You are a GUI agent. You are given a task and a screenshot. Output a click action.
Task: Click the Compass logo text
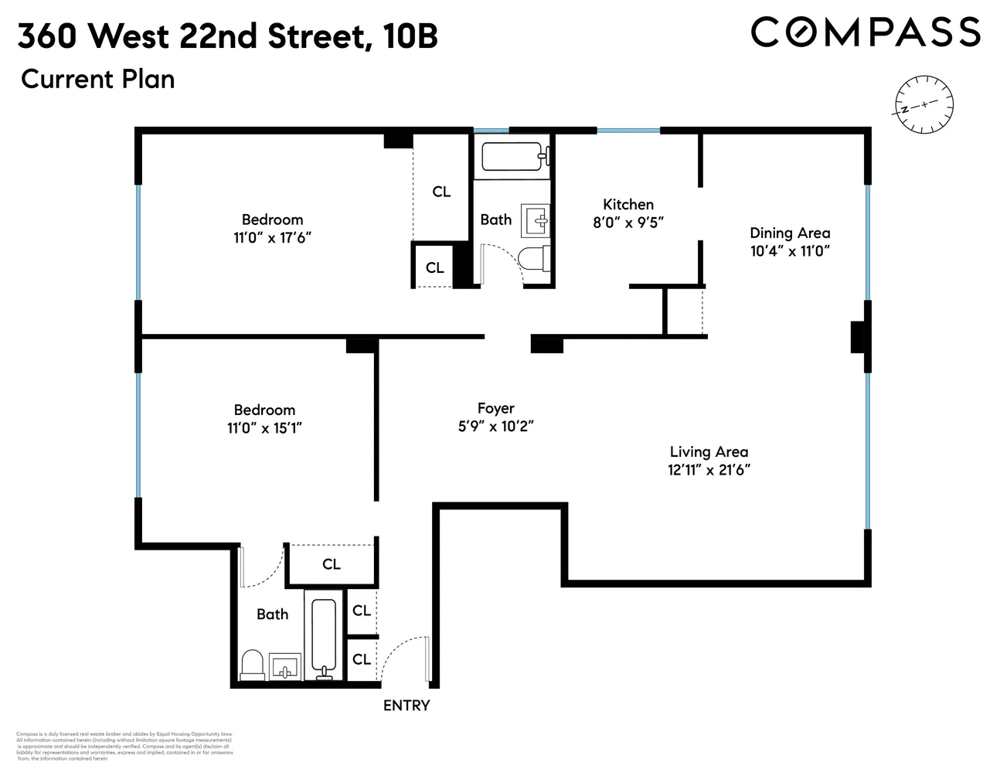866,32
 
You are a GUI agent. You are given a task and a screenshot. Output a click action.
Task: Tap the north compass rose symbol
923,105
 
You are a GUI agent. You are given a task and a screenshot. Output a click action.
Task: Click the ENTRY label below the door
406,705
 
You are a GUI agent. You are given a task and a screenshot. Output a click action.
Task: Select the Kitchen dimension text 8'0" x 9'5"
628,222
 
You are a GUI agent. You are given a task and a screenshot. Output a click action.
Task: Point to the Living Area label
709,451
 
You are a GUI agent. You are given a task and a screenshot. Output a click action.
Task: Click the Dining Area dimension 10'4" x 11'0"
790,250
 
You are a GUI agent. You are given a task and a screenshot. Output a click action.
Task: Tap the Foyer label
495,408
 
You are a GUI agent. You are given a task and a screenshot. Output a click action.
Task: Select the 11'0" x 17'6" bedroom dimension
272,237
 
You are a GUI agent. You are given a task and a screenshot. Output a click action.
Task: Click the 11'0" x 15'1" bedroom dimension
264,427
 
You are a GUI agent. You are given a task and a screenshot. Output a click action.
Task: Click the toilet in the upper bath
535,259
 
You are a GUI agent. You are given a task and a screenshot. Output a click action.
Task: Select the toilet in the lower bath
253,665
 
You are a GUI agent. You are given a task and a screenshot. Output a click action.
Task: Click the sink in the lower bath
285,666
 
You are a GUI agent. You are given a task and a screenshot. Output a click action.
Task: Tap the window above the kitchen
628,131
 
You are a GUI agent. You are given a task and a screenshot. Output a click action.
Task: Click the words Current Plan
97,79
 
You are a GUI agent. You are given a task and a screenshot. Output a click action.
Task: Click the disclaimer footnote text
124,746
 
